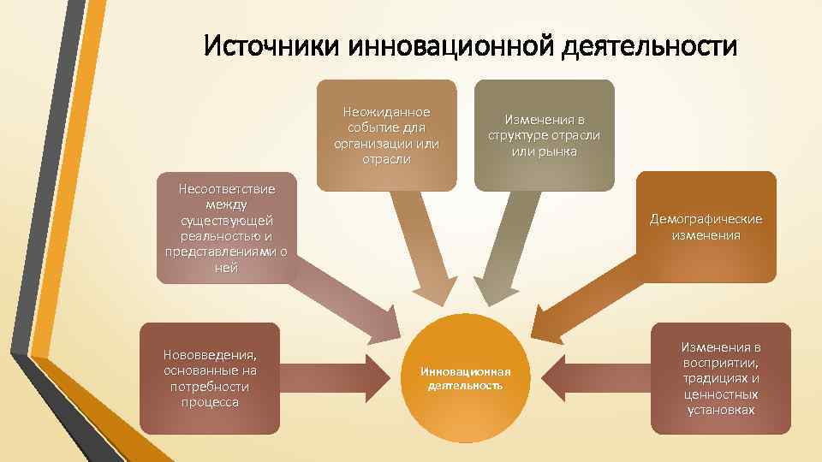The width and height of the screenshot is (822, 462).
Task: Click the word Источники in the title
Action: [272, 44]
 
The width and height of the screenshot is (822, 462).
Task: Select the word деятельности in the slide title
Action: [650, 44]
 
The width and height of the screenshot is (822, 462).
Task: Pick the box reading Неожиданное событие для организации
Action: [386, 135]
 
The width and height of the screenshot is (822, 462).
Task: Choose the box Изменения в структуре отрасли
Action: [544, 135]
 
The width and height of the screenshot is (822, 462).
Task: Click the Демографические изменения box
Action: [706, 227]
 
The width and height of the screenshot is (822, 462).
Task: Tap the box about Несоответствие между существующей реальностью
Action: [226, 228]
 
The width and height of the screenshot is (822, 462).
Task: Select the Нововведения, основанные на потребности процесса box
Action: [209, 378]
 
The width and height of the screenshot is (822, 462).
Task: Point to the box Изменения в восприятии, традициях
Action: [720, 378]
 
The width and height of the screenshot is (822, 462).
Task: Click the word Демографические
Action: [706, 219]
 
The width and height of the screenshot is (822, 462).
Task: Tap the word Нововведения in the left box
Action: [209, 355]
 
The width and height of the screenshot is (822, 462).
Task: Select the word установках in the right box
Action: [721, 410]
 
